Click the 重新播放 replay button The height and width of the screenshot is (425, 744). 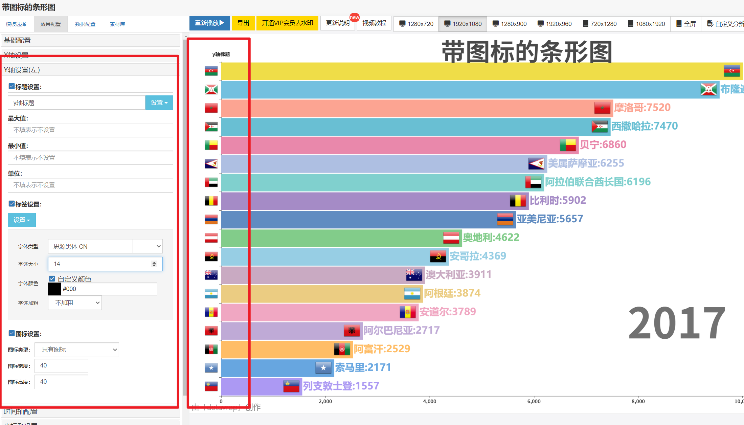(209, 23)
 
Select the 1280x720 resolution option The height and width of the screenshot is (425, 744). (416, 24)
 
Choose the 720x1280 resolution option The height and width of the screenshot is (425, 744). (600, 24)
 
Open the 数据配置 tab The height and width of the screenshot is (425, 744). (85, 24)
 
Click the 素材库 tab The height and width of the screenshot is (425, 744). (117, 24)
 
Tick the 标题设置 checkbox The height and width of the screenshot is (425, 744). (12, 87)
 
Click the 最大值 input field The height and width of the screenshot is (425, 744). (90, 130)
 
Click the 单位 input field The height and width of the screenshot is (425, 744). (90, 185)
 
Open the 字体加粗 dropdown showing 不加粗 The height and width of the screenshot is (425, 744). (75, 303)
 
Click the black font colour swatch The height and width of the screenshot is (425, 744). (54, 289)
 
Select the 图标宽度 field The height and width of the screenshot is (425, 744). (61, 366)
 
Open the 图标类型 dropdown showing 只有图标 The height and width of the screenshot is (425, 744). (77, 350)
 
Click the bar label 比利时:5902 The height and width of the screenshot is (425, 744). (558, 200)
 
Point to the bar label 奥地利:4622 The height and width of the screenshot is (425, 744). (491, 238)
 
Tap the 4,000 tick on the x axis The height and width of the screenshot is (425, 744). (429, 401)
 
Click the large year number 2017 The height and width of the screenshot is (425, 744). (677, 323)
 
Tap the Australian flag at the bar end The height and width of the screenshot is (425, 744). (414, 274)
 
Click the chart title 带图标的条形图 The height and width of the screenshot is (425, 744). (527, 52)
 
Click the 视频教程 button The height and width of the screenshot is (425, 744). (374, 23)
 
